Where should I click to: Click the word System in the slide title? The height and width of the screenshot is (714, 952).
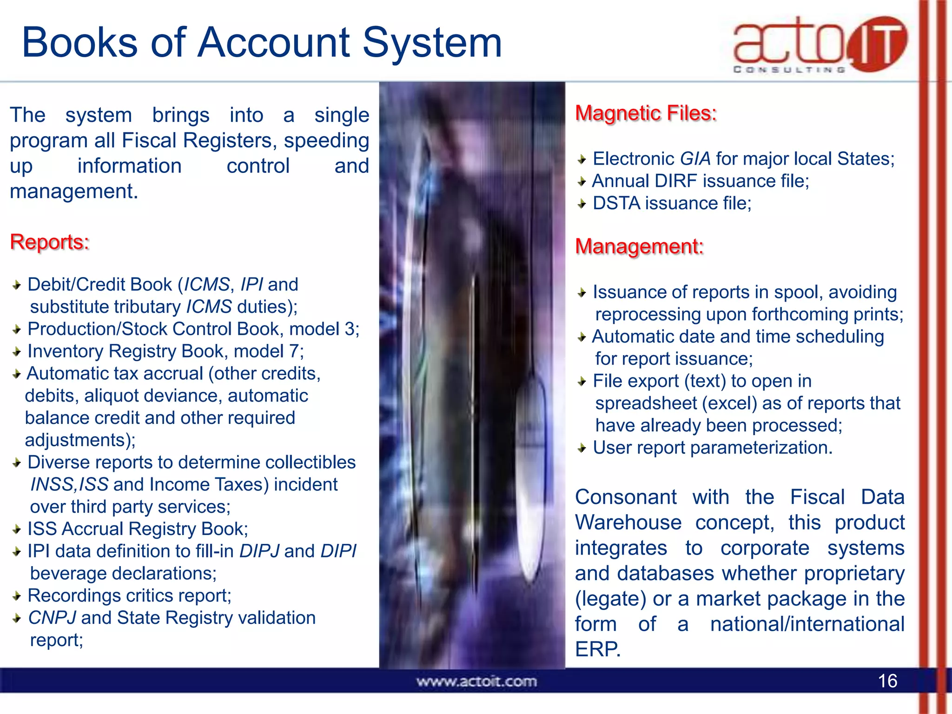(x=432, y=43)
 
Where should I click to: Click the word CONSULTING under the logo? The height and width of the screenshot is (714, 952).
(x=789, y=70)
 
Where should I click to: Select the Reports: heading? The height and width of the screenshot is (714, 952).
(x=50, y=242)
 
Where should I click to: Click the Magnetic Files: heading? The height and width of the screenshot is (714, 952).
(x=646, y=113)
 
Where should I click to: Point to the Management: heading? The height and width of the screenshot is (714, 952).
(x=639, y=246)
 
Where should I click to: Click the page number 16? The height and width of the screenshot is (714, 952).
(x=887, y=681)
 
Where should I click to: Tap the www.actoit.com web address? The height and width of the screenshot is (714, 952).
(x=476, y=681)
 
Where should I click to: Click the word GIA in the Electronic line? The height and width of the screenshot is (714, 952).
(x=695, y=159)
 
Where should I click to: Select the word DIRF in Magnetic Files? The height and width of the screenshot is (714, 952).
(x=675, y=181)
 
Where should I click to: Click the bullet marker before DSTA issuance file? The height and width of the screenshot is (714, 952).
(x=582, y=204)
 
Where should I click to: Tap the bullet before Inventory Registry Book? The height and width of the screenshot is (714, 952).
(x=17, y=352)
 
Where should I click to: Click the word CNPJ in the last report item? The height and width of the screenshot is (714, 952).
(x=52, y=618)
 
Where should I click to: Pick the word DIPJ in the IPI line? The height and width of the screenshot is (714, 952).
(x=259, y=551)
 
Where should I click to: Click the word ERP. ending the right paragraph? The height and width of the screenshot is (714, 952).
(x=598, y=649)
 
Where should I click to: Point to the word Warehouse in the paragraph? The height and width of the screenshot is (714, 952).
(x=628, y=523)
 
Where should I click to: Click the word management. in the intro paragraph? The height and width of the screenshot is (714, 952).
(x=74, y=192)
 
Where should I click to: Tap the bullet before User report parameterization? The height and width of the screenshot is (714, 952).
(x=582, y=448)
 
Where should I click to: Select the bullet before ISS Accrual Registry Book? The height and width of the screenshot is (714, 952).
(x=17, y=529)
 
